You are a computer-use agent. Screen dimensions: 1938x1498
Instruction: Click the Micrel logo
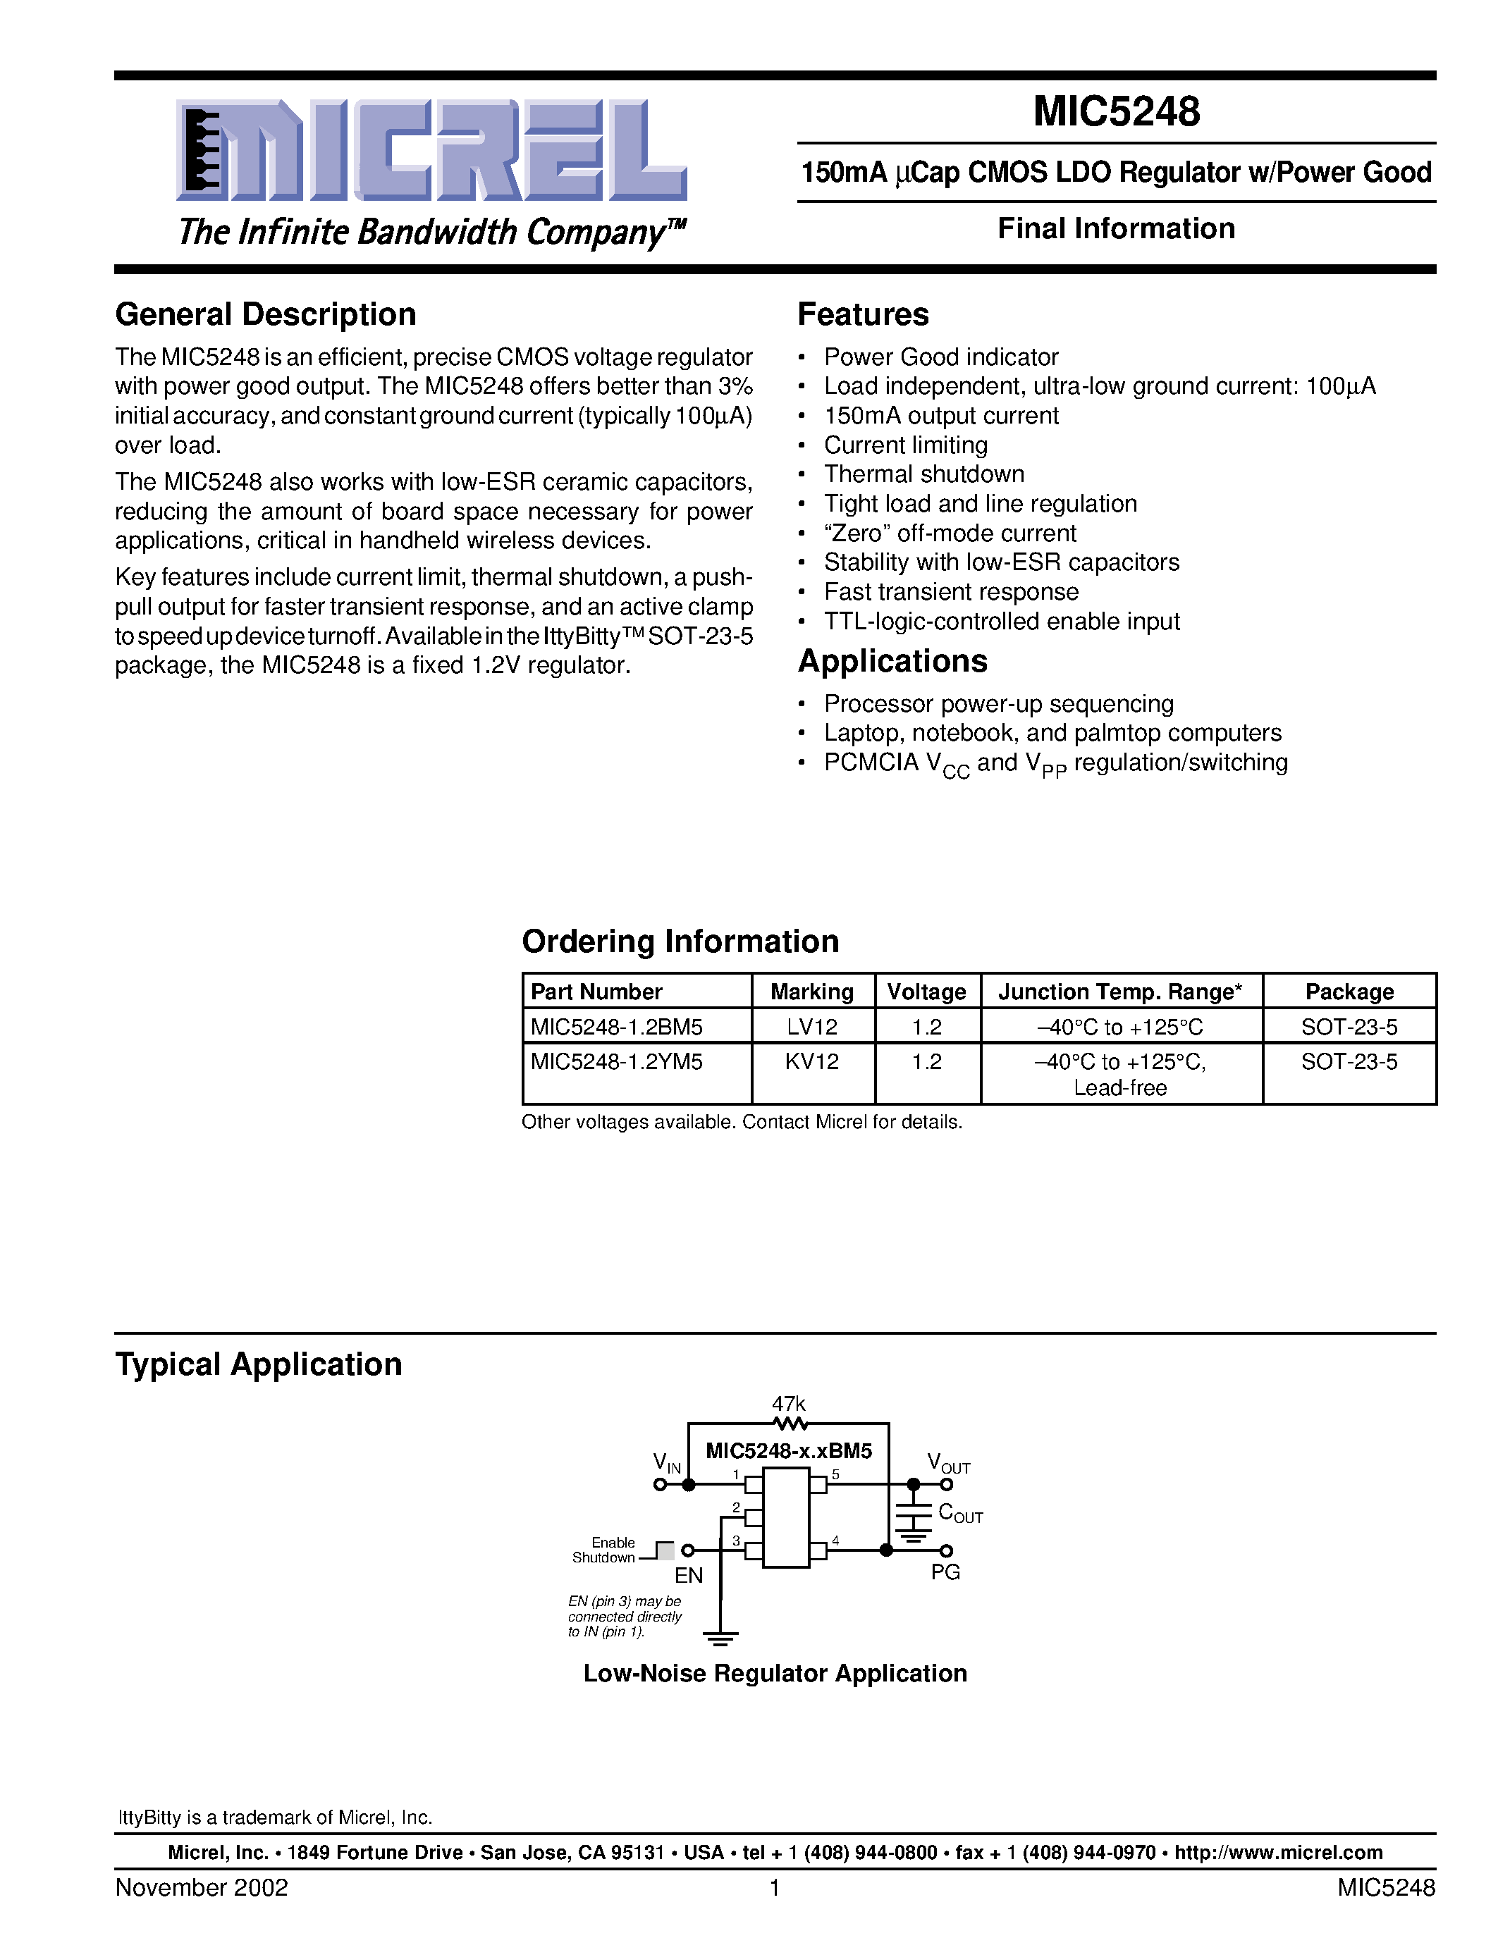click(431, 151)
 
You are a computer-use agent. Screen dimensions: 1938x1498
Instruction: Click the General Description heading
click(265, 315)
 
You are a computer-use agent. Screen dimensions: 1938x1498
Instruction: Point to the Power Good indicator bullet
click(940, 357)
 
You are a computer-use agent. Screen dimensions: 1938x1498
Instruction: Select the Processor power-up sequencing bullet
click(998, 705)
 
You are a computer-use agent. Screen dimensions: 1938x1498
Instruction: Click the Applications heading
click(892, 662)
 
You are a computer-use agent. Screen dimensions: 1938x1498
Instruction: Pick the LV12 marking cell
click(812, 1027)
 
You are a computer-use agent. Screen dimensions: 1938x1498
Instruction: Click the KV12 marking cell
click(812, 1062)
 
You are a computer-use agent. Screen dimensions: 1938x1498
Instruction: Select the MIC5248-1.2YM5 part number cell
click(617, 1062)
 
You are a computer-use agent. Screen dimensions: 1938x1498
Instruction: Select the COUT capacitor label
click(960, 1513)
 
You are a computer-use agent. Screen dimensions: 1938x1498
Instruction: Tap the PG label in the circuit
click(945, 1572)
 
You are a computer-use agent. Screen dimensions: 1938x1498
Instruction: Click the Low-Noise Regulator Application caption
click(775, 1674)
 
